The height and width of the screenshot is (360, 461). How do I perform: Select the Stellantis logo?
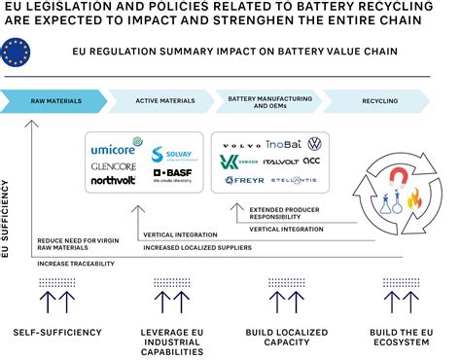pos(293,180)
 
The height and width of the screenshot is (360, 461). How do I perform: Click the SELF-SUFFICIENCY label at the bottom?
pos(57,332)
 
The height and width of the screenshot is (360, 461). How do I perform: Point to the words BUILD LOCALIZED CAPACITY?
pos(290,338)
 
